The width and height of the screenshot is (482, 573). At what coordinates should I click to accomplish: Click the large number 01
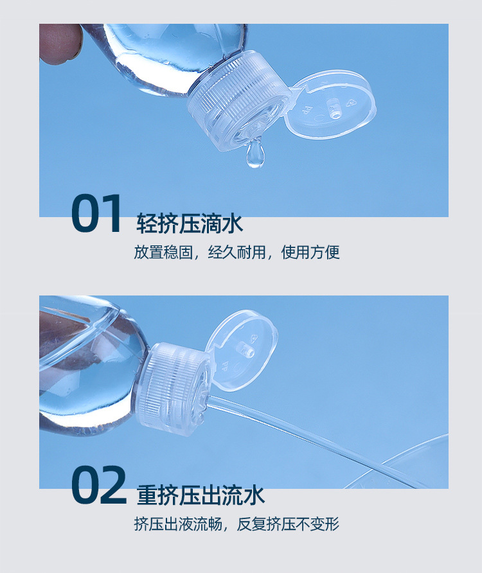(x=96, y=214)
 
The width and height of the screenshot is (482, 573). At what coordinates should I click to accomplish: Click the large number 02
(x=98, y=486)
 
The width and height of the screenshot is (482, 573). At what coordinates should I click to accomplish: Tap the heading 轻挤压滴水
(x=190, y=224)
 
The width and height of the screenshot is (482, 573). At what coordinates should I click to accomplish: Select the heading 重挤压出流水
(x=201, y=495)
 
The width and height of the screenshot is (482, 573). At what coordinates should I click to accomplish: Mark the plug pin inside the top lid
(x=335, y=109)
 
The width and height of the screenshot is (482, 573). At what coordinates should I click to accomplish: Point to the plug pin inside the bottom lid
(x=244, y=351)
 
